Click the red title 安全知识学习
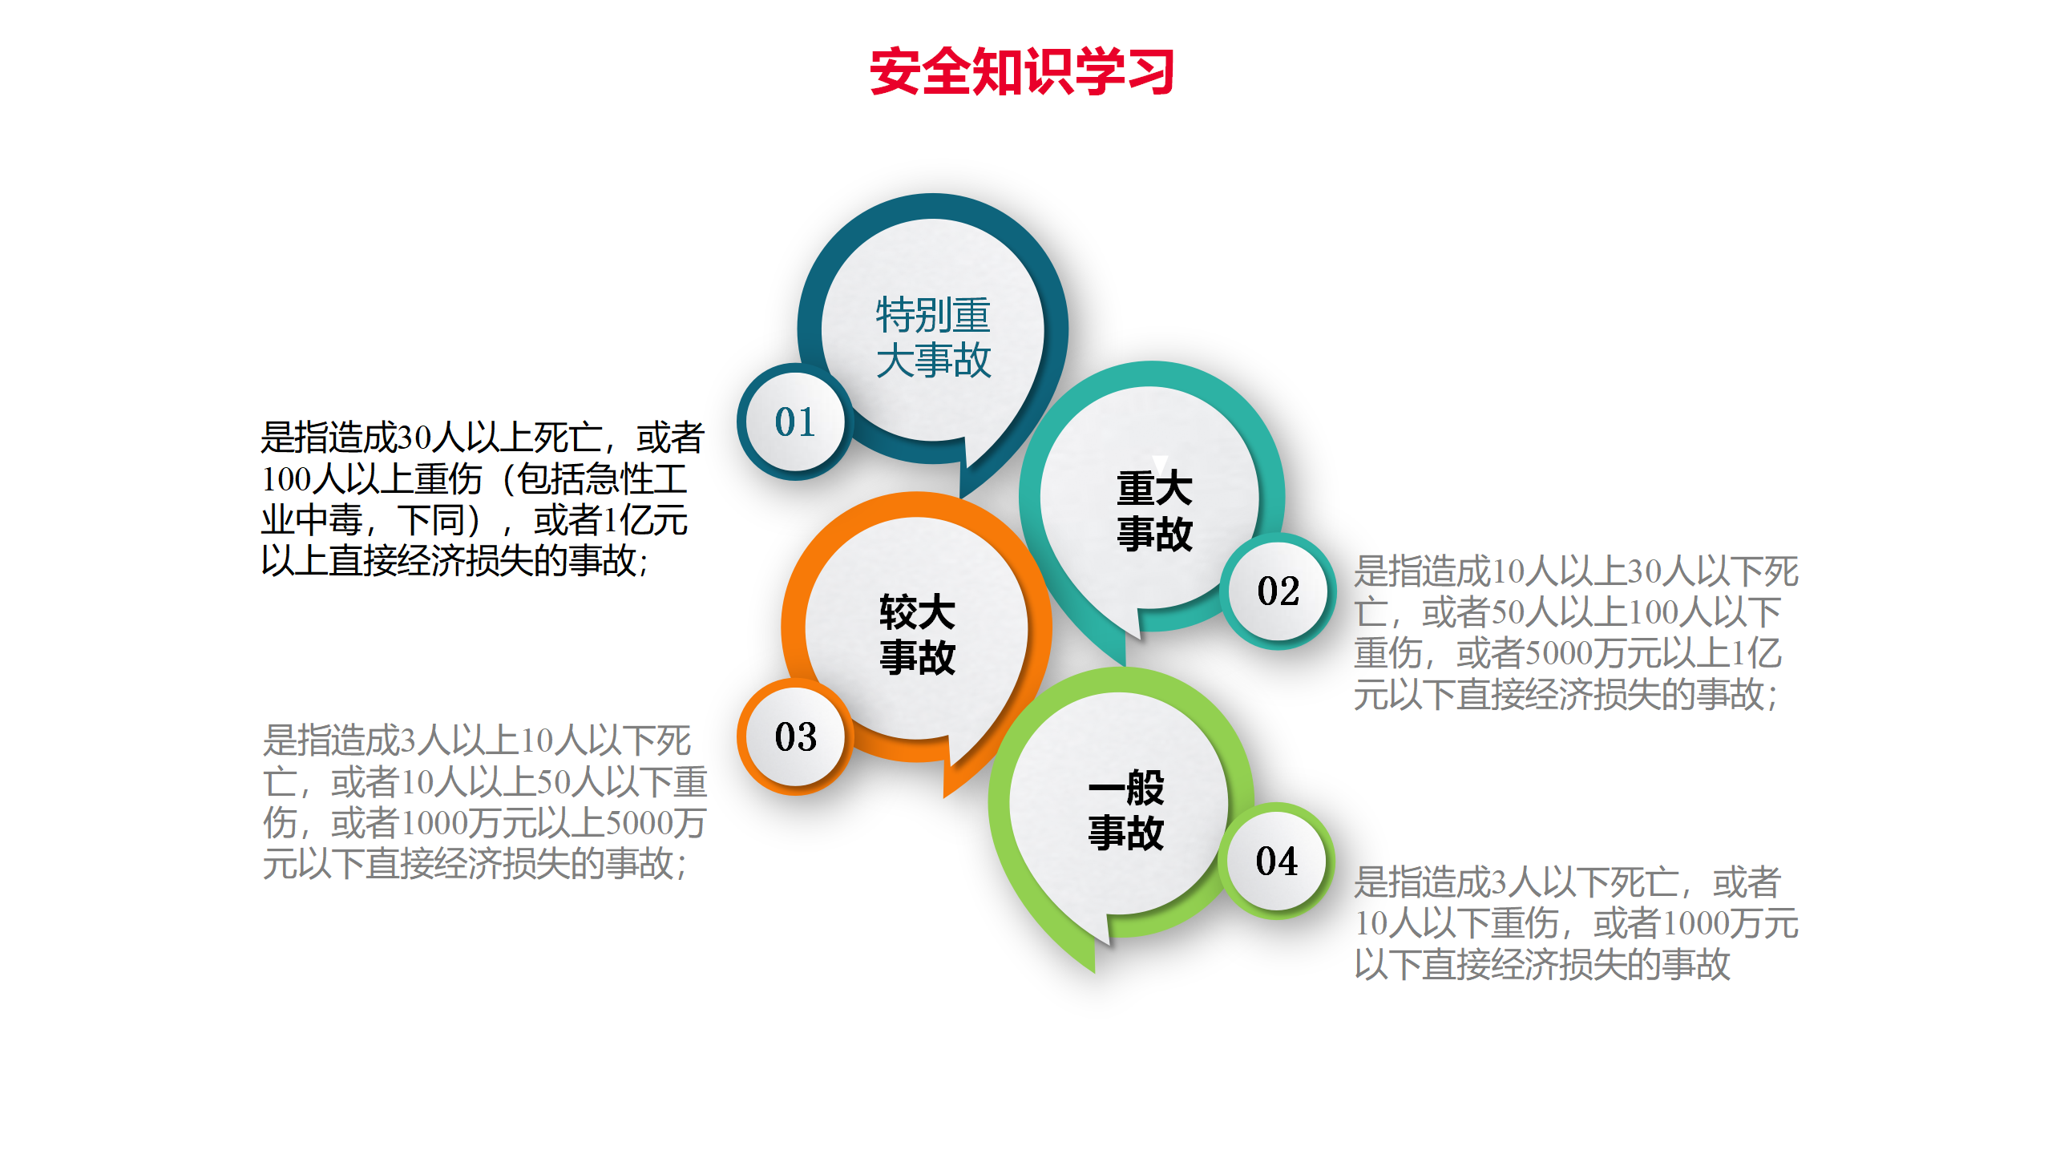pyautogui.click(x=1022, y=71)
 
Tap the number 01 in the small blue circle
pyautogui.click(x=795, y=422)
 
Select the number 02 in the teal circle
pyautogui.click(x=1278, y=591)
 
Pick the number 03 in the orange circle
pyautogui.click(x=795, y=737)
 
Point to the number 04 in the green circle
pyautogui.click(x=1277, y=861)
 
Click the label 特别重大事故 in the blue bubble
pyautogui.click(x=934, y=337)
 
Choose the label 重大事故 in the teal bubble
pyautogui.click(x=1155, y=511)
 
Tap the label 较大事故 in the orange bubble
pyautogui.click(x=918, y=635)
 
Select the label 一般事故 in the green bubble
pyautogui.click(x=1126, y=810)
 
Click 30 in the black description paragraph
pyautogui.click(x=415, y=438)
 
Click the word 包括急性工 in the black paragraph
pyautogui.click(x=602, y=479)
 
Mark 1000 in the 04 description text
pyautogui.click(x=1696, y=924)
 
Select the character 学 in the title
pyautogui.click(x=1098, y=71)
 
